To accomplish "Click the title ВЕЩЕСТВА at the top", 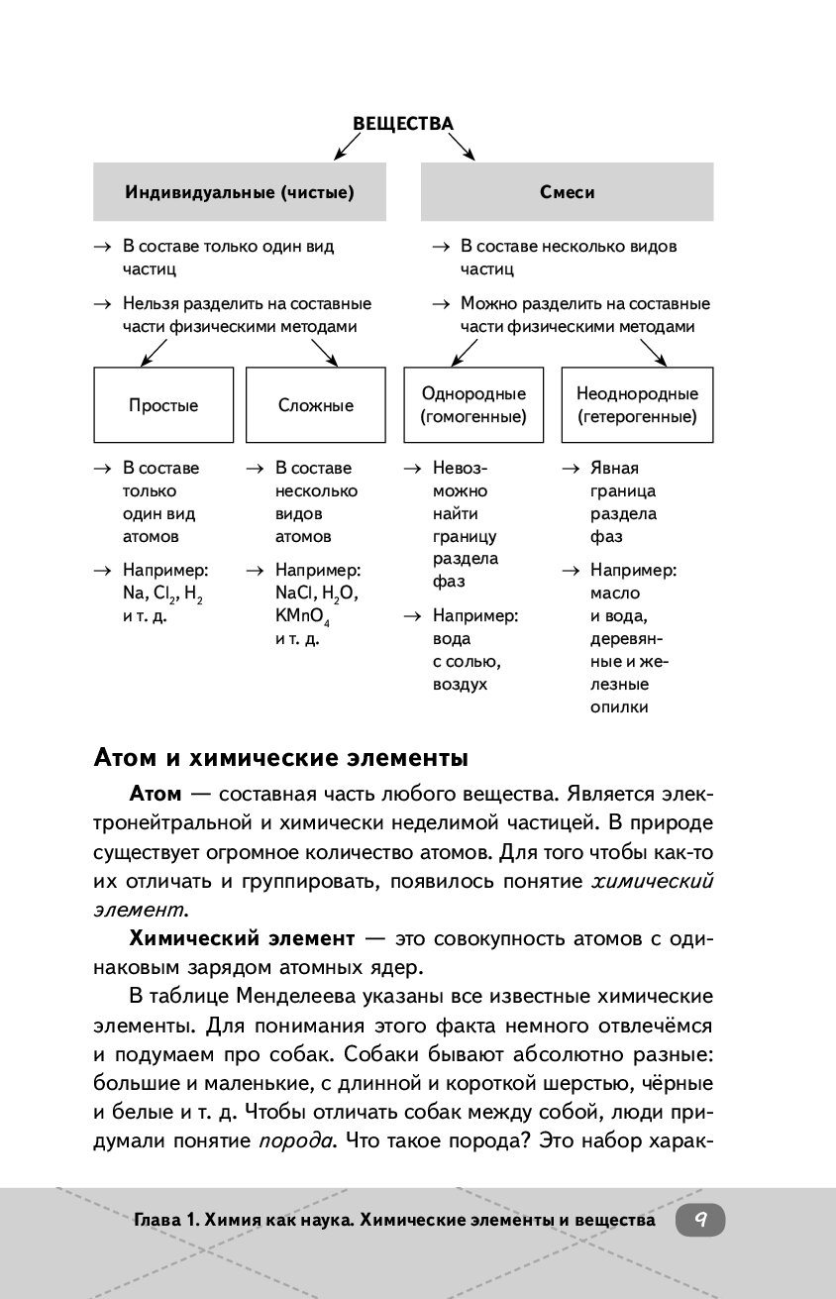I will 403,124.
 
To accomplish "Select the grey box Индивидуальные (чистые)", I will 240,192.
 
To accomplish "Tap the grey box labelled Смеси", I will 567,192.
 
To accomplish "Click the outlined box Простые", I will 163,405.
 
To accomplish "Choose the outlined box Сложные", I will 316,405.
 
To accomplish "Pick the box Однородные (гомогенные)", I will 473,405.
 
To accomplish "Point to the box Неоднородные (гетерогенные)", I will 637,405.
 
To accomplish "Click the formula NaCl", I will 295,594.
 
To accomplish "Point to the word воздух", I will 460,685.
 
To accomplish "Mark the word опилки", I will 619,707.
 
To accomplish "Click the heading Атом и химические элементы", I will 280,759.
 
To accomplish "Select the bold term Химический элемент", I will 243,937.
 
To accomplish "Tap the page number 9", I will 700,1220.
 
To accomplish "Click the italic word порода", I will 293,1139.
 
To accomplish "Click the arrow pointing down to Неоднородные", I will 651,352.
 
